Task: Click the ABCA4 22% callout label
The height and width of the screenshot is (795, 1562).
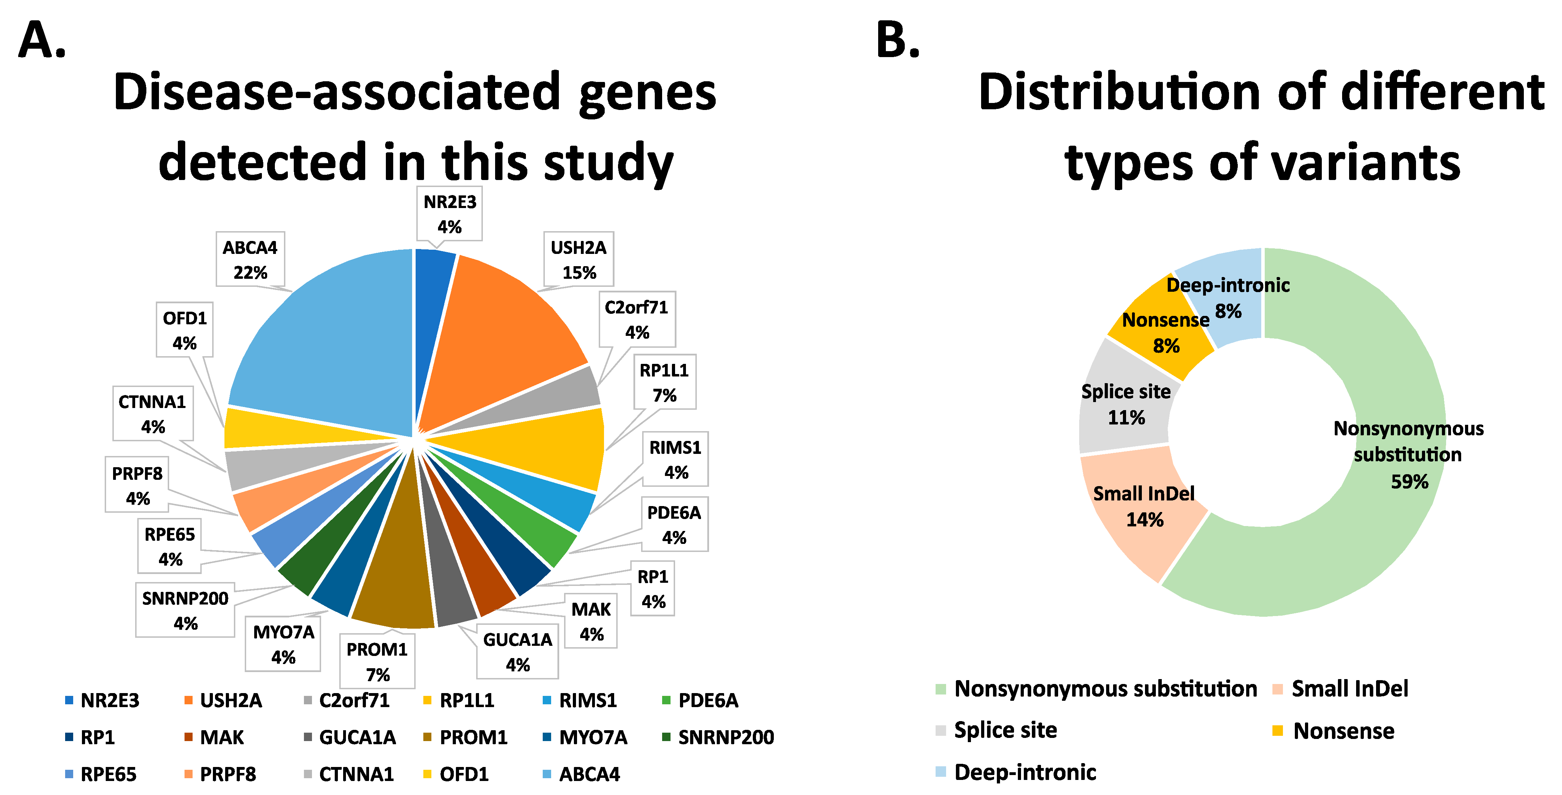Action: (250, 260)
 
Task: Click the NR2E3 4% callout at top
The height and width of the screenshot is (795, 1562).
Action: (449, 214)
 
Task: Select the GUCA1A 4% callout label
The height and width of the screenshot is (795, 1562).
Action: (517, 652)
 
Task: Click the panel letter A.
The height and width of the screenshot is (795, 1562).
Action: (41, 40)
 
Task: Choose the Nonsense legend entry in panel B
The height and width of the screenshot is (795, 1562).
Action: (1334, 731)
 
